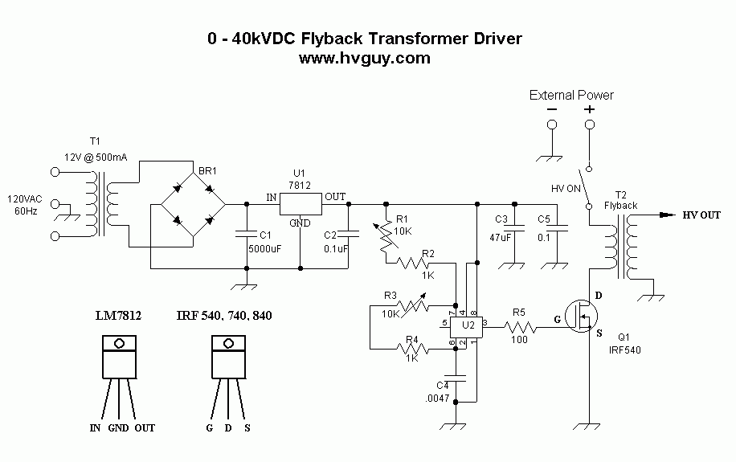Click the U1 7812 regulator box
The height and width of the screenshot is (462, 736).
[x=301, y=204]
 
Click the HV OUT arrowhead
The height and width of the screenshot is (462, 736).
[x=665, y=215]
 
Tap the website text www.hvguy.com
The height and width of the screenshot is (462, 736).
[x=365, y=59]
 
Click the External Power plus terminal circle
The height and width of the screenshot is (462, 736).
[x=590, y=125]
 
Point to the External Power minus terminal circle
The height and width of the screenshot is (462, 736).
[x=552, y=125]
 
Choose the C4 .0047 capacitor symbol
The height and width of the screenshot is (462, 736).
[x=456, y=376]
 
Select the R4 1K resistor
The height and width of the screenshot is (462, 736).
[x=413, y=348]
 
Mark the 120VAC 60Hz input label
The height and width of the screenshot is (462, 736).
[x=27, y=205]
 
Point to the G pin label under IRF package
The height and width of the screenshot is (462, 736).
[x=209, y=428]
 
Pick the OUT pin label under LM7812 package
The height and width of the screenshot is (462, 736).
[x=145, y=428]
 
